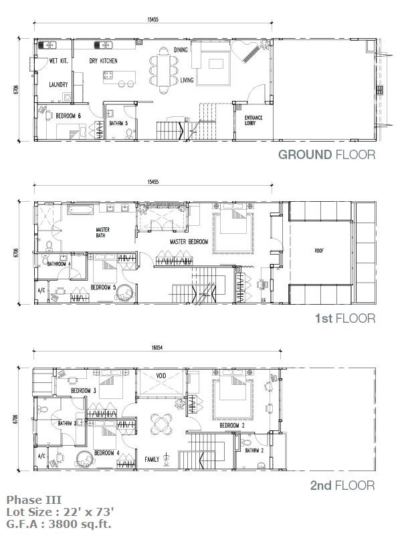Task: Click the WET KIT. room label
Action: (x=58, y=61)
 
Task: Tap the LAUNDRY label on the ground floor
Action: (x=58, y=85)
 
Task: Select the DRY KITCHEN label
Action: (x=103, y=61)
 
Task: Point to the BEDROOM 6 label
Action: (x=68, y=116)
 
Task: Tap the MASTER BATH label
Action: (x=103, y=233)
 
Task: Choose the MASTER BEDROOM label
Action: (x=189, y=241)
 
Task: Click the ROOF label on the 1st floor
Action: (x=319, y=251)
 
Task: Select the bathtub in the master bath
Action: (x=80, y=210)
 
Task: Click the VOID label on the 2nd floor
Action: (x=161, y=376)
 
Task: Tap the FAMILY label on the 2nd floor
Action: (x=152, y=459)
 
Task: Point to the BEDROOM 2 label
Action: (x=232, y=425)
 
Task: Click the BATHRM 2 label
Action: (x=254, y=450)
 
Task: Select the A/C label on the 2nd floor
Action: (x=41, y=456)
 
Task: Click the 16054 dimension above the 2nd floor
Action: (x=157, y=348)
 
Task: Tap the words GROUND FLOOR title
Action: (x=326, y=154)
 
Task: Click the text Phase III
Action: (x=34, y=500)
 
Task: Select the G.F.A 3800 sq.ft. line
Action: (x=59, y=524)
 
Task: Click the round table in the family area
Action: (x=161, y=424)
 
